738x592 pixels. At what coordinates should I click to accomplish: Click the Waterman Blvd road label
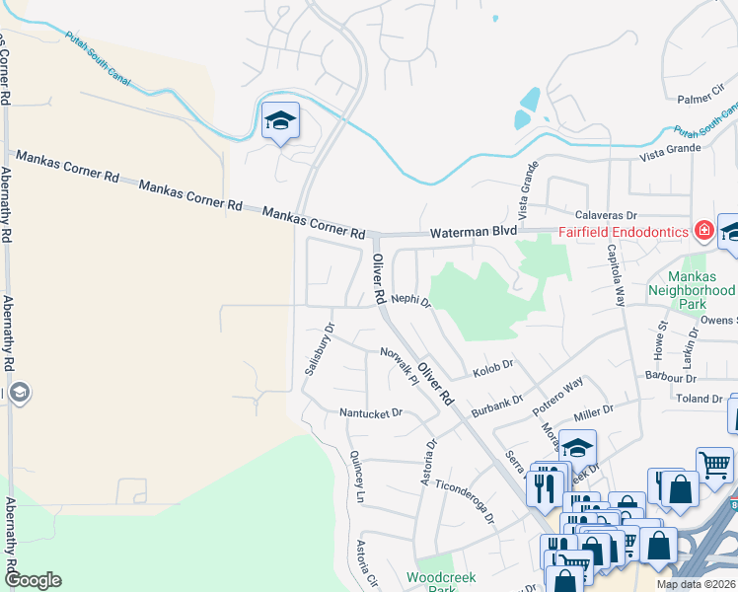click(x=474, y=231)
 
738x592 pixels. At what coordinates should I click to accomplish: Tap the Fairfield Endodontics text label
click(x=624, y=232)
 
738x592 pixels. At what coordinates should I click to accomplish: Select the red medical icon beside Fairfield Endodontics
click(x=703, y=232)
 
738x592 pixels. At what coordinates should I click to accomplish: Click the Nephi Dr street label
click(x=411, y=299)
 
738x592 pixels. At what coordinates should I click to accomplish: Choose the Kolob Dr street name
click(x=493, y=366)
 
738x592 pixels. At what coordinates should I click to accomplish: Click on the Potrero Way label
click(x=558, y=393)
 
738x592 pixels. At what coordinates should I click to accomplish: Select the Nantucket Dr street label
click(x=371, y=413)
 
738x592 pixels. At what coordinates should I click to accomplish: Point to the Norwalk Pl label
click(x=401, y=362)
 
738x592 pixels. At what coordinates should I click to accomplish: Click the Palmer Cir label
click(x=701, y=99)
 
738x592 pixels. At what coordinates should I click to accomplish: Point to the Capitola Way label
click(x=618, y=279)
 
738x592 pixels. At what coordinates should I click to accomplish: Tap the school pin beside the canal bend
click(x=280, y=122)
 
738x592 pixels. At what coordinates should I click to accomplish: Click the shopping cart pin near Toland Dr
click(x=714, y=463)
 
